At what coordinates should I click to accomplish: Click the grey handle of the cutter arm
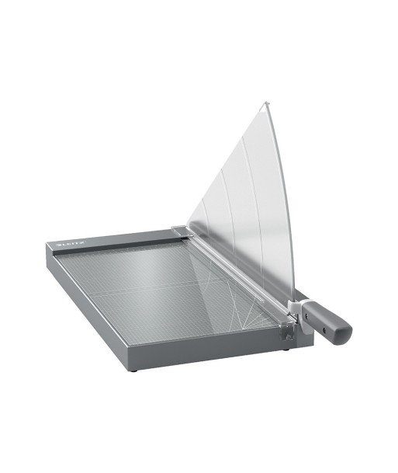point(327,321)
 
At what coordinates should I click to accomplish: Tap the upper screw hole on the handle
point(306,316)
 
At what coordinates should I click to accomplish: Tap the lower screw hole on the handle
point(324,330)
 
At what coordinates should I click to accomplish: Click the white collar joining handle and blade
point(297,308)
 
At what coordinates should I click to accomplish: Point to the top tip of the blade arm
point(265,103)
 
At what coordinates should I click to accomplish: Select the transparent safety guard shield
point(241,205)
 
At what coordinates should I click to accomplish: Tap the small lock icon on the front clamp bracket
point(288,336)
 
